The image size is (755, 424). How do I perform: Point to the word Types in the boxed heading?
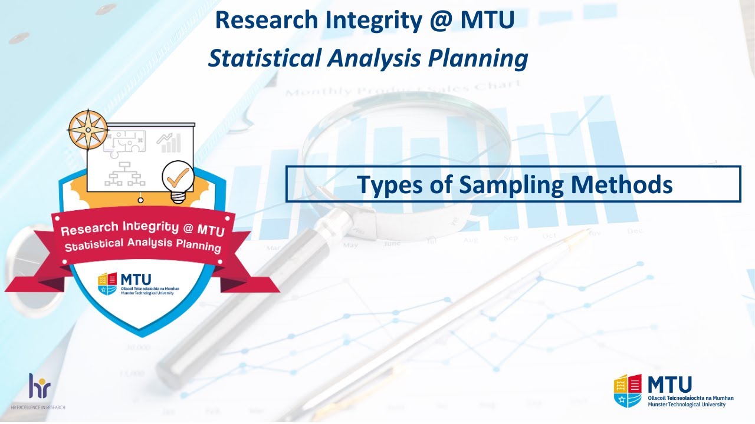pos(392,185)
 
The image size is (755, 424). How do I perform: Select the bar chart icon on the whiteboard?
pos(169,143)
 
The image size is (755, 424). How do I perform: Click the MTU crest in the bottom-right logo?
pos(628,390)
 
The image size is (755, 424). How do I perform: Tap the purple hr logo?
pos(40,386)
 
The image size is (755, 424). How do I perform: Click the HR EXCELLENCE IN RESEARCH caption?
pos(38,408)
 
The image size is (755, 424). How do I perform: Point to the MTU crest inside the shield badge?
pos(108,283)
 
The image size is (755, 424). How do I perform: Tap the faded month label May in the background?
pos(350,245)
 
